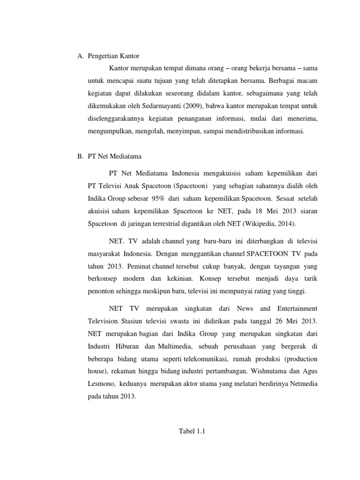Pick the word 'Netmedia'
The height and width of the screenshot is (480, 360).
tap(303, 383)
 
